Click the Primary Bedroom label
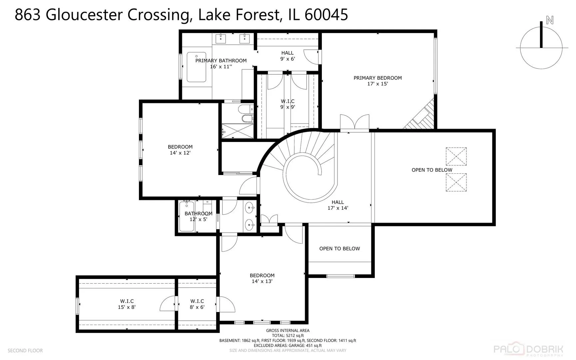pos(377,81)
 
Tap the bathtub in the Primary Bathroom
pos(196,67)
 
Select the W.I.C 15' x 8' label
pos(127,304)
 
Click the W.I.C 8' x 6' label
pos(197,304)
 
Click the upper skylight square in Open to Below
pos(456,156)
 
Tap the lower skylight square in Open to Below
pos(456,182)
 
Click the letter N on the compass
pos(550,20)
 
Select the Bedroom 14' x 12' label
pos(180,150)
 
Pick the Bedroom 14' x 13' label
pos(262,278)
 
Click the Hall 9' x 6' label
pos(287,56)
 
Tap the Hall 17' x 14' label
pos(337,205)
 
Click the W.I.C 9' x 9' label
pos(288,104)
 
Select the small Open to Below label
pos(339,249)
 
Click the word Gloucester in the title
pos(84,15)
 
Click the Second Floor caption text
pos(25,351)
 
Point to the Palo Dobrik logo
pos(528,350)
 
